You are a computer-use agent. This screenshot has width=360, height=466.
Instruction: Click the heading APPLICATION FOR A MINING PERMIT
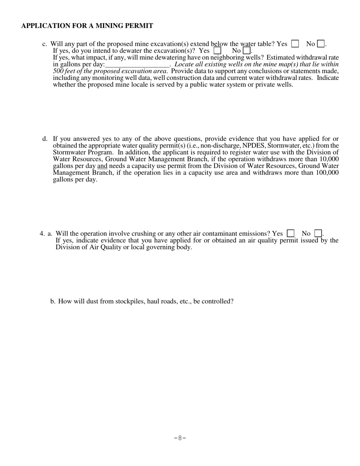coord(87,26)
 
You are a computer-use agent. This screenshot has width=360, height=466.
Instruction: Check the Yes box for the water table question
coord(295,44)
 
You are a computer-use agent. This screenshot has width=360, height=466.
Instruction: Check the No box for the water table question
coord(321,44)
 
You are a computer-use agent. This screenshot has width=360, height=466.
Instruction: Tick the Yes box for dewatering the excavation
coord(217,50)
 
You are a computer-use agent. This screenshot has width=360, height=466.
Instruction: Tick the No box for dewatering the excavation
coord(246,50)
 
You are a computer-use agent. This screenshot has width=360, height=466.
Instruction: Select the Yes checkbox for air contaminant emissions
coord(291,233)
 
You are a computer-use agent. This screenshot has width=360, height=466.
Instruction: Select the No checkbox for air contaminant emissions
coord(318,233)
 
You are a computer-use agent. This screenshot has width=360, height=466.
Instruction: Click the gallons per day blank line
coord(137,64)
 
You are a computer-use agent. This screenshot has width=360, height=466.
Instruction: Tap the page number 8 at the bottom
coord(180,438)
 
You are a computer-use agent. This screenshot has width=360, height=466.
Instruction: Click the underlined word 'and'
coord(102,166)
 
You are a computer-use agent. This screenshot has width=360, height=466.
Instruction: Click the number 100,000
coord(327,173)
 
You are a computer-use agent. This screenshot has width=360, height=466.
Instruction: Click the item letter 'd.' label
coord(45,139)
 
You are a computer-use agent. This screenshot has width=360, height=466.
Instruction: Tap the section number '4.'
coord(42,233)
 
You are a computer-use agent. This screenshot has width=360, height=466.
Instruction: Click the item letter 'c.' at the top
coord(45,44)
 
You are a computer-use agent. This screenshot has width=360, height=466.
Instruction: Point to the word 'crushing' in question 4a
coord(144,233)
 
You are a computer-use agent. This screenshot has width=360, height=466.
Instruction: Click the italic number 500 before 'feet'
coord(58,71)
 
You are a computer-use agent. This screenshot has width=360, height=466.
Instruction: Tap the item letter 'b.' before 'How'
coord(53,302)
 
